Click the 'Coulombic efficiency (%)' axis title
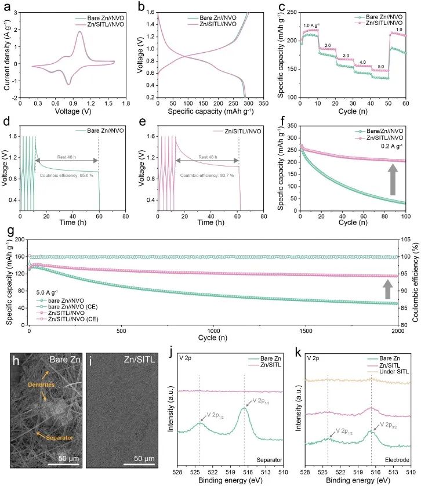click(416, 289)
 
